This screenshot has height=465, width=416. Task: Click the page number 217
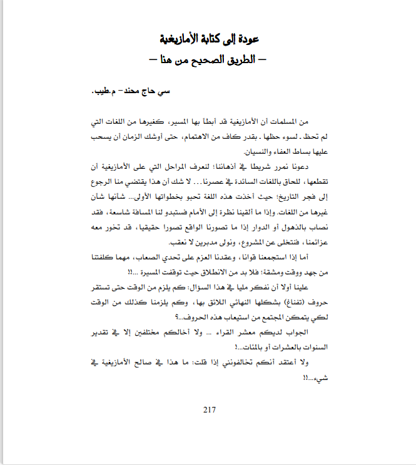tap(210, 410)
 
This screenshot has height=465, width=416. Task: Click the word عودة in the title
tap(251, 39)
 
